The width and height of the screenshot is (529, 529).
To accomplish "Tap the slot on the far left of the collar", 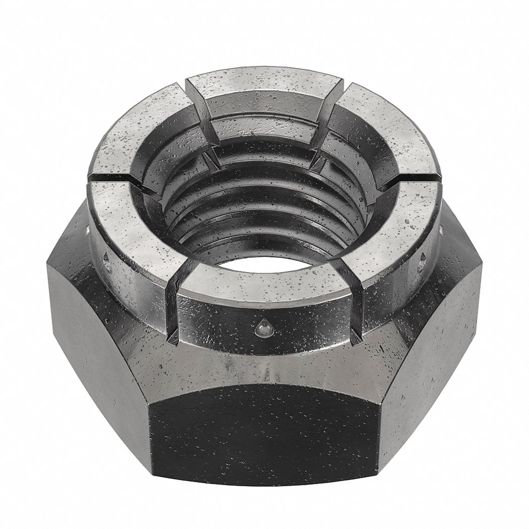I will pyautogui.click(x=108, y=177).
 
